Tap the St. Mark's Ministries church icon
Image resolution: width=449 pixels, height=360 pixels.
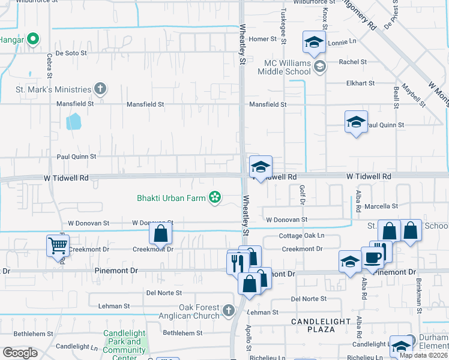click(x=100, y=89)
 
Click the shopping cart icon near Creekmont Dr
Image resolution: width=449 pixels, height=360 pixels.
click(x=57, y=245)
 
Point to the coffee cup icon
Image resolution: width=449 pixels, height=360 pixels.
click(x=373, y=257)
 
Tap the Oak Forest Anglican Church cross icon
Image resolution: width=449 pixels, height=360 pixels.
click(x=228, y=310)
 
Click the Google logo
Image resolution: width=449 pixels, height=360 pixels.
click(x=20, y=352)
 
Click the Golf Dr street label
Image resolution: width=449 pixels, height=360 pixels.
click(x=302, y=196)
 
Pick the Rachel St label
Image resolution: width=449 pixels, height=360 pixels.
click(x=352, y=62)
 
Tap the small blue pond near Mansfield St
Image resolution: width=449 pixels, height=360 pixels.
click(x=73, y=122)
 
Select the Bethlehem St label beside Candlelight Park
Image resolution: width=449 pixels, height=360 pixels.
click(x=183, y=332)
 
